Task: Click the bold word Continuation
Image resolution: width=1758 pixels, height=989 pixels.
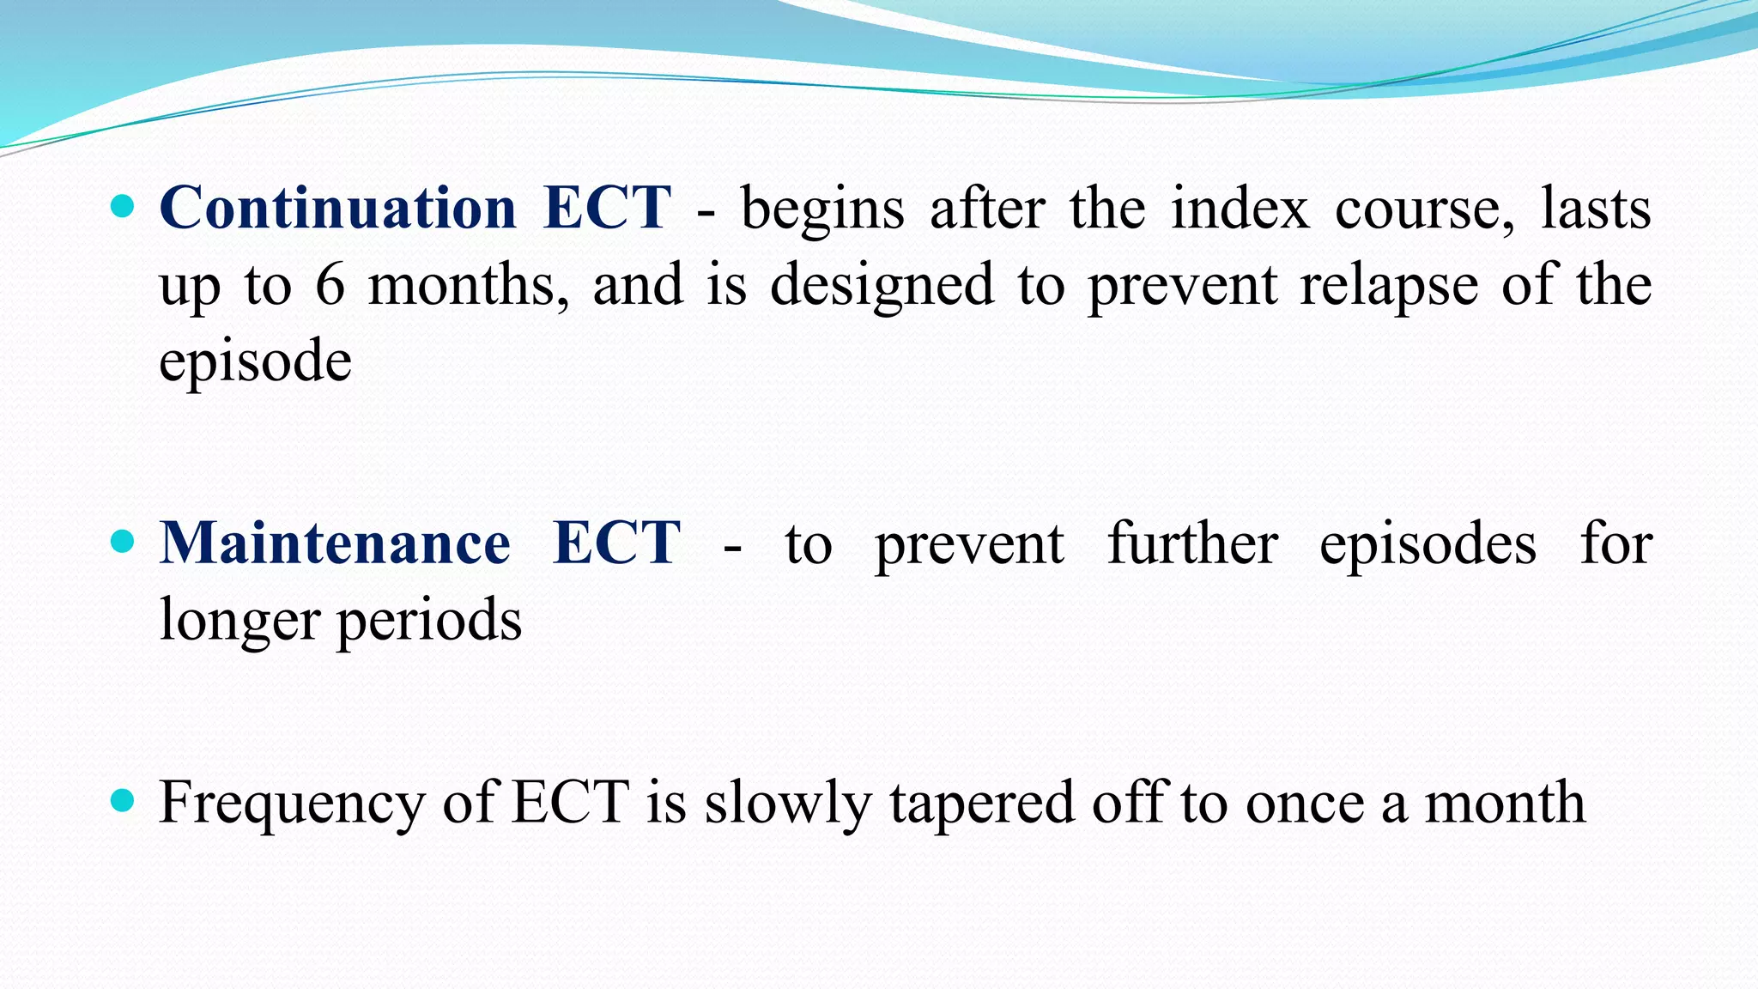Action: [x=337, y=208]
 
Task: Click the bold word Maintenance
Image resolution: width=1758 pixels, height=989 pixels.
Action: [x=336, y=543]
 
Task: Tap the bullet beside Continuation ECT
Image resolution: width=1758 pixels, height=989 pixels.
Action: [x=124, y=206]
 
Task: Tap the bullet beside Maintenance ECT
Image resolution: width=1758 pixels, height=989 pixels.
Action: [x=124, y=542]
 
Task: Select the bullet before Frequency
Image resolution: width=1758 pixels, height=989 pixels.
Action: [x=124, y=801]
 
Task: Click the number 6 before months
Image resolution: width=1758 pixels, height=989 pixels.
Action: [x=330, y=285]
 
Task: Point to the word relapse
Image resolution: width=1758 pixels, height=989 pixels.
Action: [x=1388, y=285]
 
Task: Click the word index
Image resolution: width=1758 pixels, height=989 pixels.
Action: [x=1240, y=208]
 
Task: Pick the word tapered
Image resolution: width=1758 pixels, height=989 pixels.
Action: [x=981, y=803]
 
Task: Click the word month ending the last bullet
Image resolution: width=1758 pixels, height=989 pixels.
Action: [x=1505, y=803]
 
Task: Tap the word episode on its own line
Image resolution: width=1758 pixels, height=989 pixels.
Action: [x=255, y=362]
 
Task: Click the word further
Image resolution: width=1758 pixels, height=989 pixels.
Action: [x=1192, y=543]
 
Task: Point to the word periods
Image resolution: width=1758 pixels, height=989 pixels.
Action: [x=428, y=620]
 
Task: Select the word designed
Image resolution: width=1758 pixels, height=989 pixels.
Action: [x=882, y=285]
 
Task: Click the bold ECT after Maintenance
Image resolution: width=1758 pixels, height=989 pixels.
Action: [x=616, y=543]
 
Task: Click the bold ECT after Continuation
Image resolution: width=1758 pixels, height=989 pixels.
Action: [x=607, y=208]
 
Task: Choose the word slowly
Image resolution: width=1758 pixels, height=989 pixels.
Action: [x=788, y=803]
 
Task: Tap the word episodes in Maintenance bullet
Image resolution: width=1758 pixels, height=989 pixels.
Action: [x=1428, y=543]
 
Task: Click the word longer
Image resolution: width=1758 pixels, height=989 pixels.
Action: [x=239, y=620]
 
